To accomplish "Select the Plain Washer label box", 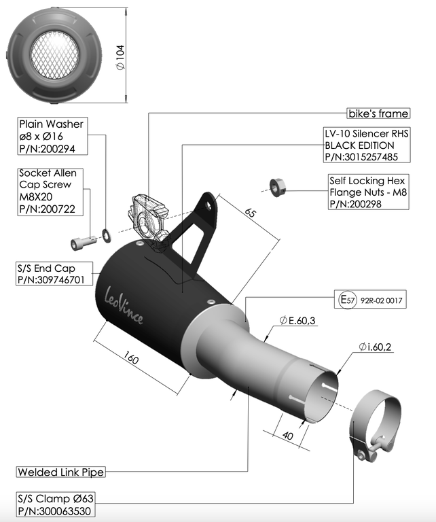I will click(x=52, y=136).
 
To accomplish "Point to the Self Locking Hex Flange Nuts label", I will click(x=367, y=192).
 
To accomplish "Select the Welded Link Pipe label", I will click(x=61, y=471).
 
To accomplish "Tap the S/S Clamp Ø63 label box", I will click(x=56, y=505).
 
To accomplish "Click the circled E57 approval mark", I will click(x=348, y=298).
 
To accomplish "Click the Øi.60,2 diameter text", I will click(x=376, y=347).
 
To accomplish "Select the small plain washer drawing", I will click(x=107, y=234).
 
